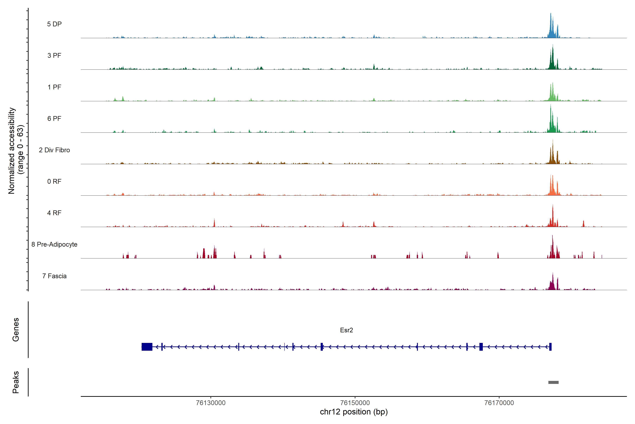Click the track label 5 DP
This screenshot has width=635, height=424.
point(54,24)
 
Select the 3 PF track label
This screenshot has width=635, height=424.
point(54,55)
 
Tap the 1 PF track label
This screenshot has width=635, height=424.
point(54,87)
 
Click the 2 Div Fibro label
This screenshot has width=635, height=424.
point(54,150)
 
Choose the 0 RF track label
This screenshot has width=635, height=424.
point(54,181)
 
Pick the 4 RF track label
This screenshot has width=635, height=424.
point(54,213)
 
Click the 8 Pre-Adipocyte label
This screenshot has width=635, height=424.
point(54,245)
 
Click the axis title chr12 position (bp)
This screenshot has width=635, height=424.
point(354,412)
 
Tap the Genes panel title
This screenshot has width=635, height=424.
point(16,330)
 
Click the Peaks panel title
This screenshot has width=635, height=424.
point(16,382)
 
